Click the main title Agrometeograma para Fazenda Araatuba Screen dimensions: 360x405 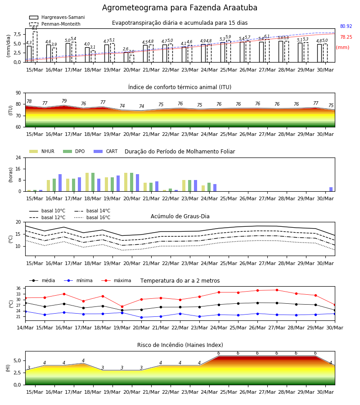click(x=180, y=8)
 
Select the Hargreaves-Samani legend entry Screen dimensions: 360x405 click(x=57, y=17)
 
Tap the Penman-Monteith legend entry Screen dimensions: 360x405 click(x=55, y=24)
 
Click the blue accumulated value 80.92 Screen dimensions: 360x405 click(x=346, y=27)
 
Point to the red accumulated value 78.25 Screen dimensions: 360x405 click(x=346, y=37)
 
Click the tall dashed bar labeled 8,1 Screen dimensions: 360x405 click(x=35, y=47)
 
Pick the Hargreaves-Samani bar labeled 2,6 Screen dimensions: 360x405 click(x=126, y=57)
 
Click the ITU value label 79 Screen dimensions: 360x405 click(x=64, y=101)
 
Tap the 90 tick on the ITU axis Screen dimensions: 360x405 click(x=18, y=93)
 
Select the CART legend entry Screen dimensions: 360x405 click(x=106, y=151)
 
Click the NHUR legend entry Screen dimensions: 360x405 click(x=42, y=151)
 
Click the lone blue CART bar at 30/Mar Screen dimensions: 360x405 click(x=331, y=189)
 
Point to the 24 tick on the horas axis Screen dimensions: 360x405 click(x=18, y=157)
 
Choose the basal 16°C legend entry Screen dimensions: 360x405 click(x=92, y=217)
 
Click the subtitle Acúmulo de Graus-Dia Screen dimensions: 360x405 click(x=180, y=216)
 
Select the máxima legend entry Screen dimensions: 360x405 click(x=116, y=280)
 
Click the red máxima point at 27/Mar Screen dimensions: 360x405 click(x=277, y=290)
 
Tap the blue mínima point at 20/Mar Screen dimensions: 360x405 click(x=141, y=317)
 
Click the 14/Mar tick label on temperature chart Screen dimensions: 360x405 click(x=25, y=328)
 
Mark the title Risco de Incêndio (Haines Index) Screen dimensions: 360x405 click(x=180, y=345)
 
